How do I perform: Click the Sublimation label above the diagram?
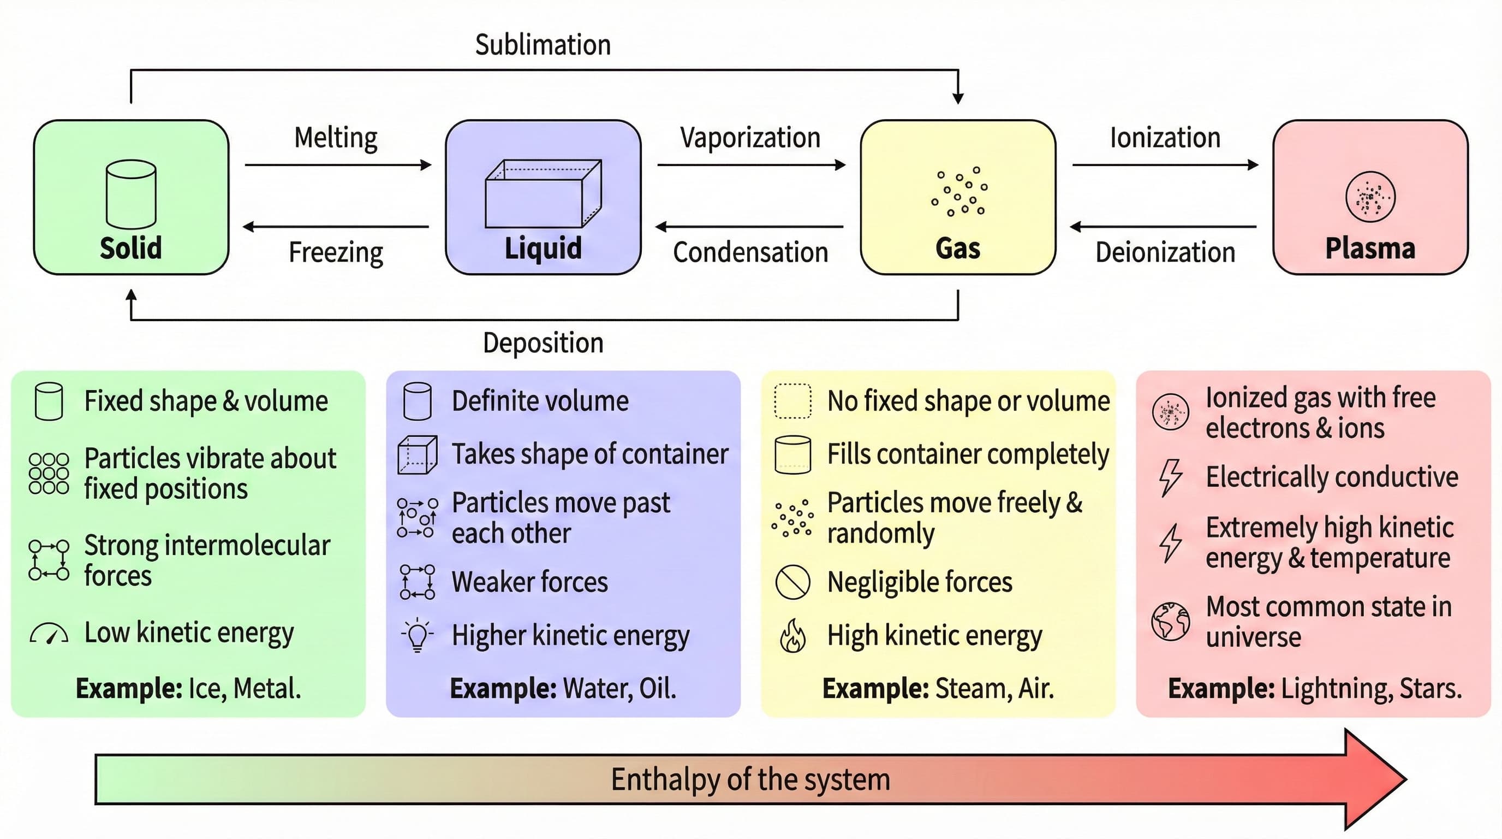pyautogui.click(x=543, y=45)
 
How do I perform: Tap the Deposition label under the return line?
pyautogui.click(x=543, y=342)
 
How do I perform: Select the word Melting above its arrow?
pyautogui.click(x=336, y=138)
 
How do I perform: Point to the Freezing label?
pyautogui.click(x=336, y=253)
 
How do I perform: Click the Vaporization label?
pyautogui.click(x=750, y=138)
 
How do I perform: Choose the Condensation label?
pyautogui.click(x=750, y=253)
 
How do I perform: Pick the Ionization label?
pyautogui.click(x=1165, y=138)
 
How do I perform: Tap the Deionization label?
pyautogui.click(x=1165, y=253)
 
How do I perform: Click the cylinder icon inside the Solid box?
pyautogui.click(x=131, y=194)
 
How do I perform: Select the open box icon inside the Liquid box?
pyautogui.click(x=543, y=194)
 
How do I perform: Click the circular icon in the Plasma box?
pyautogui.click(x=1370, y=197)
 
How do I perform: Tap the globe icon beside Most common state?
pyautogui.click(x=1170, y=622)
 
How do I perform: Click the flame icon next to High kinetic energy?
pyautogui.click(x=792, y=635)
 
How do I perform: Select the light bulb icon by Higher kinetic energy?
pyautogui.click(x=418, y=634)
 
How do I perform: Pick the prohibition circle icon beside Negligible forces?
pyautogui.click(x=792, y=582)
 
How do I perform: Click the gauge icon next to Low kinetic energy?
pyautogui.click(x=49, y=634)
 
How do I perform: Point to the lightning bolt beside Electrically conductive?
pyautogui.click(x=1170, y=477)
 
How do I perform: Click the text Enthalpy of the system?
pyautogui.click(x=750, y=779)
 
